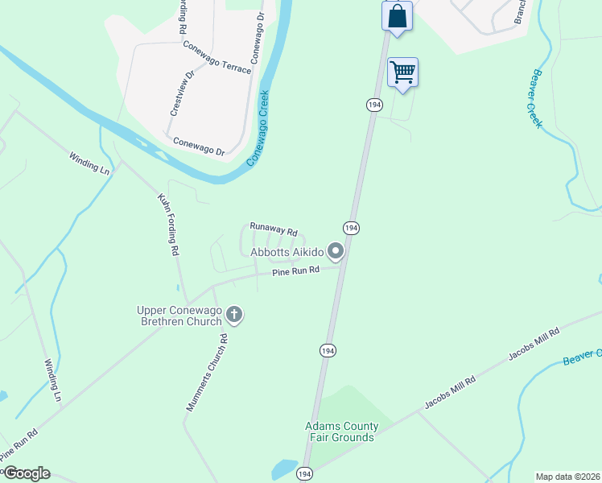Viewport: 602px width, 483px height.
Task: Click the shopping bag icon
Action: [397, 15]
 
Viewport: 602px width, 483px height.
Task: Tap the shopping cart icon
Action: [402, 72]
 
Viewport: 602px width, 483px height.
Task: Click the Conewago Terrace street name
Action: [216, 57]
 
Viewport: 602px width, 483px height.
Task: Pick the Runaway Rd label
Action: [274, 228]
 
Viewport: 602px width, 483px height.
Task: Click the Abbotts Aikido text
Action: [287, 252]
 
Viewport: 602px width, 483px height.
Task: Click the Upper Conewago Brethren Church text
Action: [179, 316]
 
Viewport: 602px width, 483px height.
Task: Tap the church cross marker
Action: [234, 315]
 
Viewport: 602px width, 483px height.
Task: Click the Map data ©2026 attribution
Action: [567, 477]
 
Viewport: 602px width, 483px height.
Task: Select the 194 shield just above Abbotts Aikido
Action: [351, 228]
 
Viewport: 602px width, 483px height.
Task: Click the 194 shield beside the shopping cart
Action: [373, 105]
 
